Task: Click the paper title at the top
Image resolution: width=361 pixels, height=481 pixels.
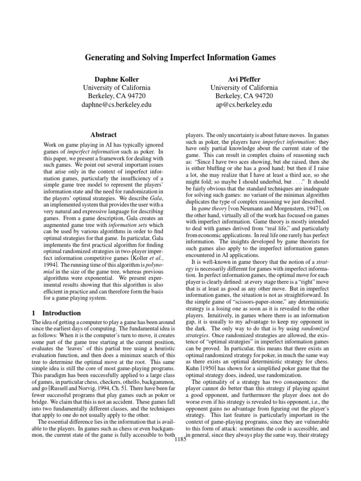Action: pos(180,58)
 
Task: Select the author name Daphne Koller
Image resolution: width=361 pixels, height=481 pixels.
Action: pos(117,78)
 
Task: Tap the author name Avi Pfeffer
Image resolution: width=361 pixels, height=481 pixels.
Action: pos(244,78)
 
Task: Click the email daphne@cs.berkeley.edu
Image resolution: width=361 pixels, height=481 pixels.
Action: pos(117,104)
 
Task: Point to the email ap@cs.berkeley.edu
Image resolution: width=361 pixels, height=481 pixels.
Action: pos(244,104)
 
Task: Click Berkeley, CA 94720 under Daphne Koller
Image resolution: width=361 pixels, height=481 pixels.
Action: pos(117,96)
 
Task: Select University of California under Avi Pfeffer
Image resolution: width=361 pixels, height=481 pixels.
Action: pos(244,87)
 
